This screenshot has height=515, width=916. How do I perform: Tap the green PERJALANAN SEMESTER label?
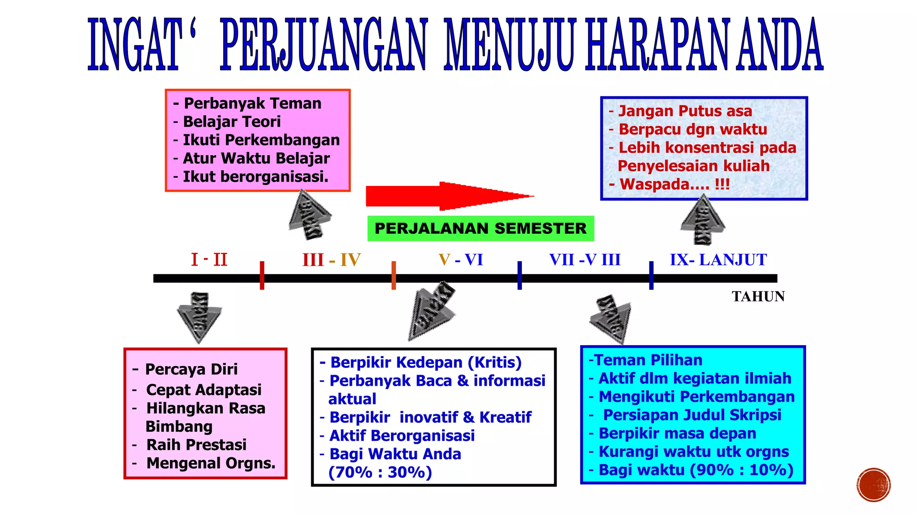click(x=480, y=228)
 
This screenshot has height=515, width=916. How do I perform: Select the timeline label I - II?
click(x=209, y=260)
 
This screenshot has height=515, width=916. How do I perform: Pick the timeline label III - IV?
click(x=331, y=260)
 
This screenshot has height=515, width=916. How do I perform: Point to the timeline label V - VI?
click(x=461, y=260)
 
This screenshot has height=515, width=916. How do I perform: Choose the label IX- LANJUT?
click(x=718, y=260)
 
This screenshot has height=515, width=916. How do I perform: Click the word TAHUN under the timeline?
click(x=758, y=296)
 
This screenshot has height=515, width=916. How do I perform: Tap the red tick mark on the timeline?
click(x=262, y=275)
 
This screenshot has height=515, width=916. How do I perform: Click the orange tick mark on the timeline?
click(x=394, y=275)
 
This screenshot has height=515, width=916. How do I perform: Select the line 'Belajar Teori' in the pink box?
click(x=232, y=122)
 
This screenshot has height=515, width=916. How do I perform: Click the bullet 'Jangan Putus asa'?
click(x=685, y=111)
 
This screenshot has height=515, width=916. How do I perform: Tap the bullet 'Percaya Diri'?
click(x=191, y=369)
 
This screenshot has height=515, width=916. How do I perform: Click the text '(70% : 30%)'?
click(x=380, y=473)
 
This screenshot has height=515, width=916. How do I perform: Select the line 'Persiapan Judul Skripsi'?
click(x=692, y=415)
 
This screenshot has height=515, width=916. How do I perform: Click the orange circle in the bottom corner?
click(x=874, y=485)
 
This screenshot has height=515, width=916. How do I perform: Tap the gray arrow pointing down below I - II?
click(x=199, y=317)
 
